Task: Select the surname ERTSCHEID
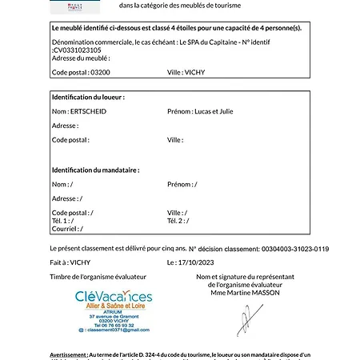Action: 87,111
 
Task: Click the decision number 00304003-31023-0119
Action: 295,249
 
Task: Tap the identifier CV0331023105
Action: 79,50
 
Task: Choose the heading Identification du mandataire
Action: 95,170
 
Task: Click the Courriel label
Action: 63,227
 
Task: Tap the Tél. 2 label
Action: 177,220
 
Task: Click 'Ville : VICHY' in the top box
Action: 186,72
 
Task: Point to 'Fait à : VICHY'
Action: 70,262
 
